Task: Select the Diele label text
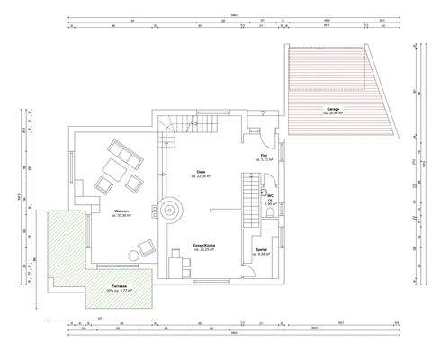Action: [x=202, y=172]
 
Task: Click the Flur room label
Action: [x=264, y=156]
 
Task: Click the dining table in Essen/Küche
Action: [x=179, y=263]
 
